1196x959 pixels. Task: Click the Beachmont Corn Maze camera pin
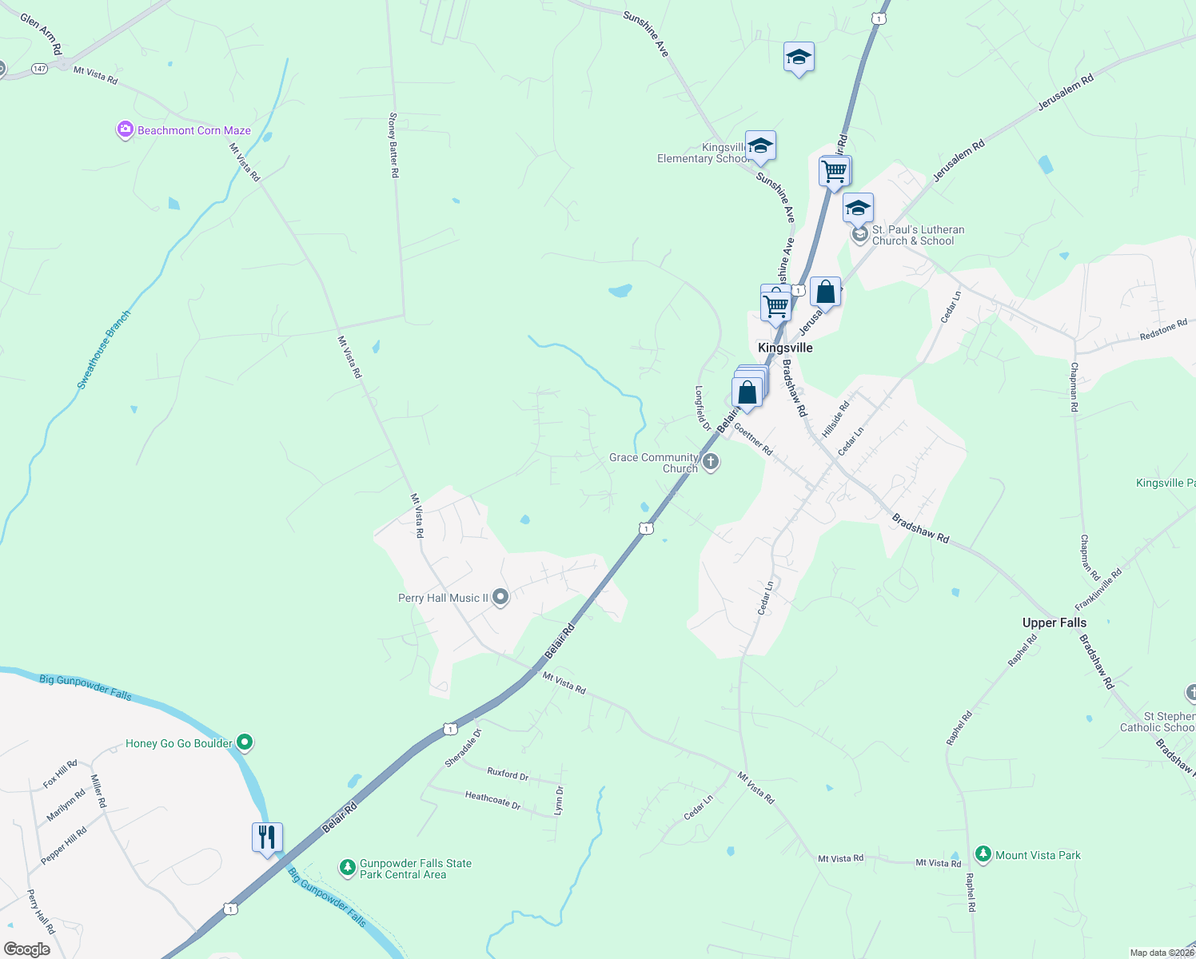tap(125, 129)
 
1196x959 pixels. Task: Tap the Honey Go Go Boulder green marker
tap(245, 743)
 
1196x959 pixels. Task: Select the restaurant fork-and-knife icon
tap(267, 838)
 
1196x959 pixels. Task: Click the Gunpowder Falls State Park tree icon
tap(347, 867)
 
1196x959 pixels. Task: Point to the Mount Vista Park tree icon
tap(983, 854)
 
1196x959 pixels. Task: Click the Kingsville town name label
tap(785, 348)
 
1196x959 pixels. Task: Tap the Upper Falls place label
tap(1054, 623)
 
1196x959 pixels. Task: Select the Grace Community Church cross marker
tap(710, 461)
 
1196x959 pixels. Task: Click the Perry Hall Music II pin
tap(500, 597)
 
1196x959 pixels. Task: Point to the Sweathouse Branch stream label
tap(104, 350)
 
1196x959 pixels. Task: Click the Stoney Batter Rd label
tap(393, 145)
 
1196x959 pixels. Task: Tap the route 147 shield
tap(40, 69)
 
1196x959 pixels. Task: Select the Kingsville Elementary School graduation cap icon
tap(760, 145)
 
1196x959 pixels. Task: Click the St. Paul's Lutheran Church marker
tap(859, 234)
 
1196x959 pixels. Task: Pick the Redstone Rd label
tap(1163, 330)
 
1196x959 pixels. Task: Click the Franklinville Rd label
tap(1098, 589)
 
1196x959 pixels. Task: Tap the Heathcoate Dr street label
tap(492, 799)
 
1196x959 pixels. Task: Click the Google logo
tap(27, 949)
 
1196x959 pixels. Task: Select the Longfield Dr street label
tap(702, 409)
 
